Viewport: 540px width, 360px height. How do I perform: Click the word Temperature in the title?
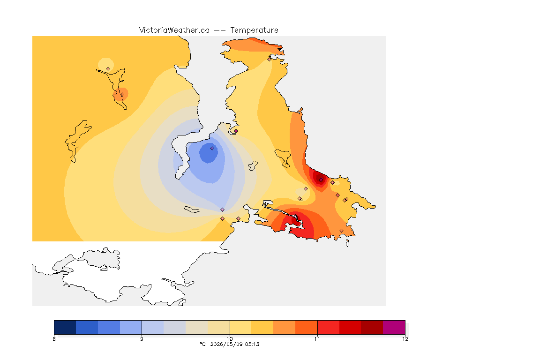pyautogui.click(x=254, y=30)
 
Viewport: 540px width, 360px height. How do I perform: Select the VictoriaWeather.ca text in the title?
pyautogui.click(x=174, y=30)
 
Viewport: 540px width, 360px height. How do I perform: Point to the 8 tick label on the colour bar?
pyautogui.click(x=54, y=339)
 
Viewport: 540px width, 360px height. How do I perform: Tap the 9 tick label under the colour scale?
pyautogui.click(x=142, y=339)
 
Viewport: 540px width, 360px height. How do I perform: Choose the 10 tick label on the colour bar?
pyautogui.click(x=230, y=339)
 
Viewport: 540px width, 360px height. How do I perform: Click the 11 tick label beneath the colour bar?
pyautogui.click(x=317, y=339)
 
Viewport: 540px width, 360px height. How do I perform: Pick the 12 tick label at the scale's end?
pyautogui.click(x=405, y=339)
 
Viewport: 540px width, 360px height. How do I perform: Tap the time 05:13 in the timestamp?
pyautogui.click(x=252, y=344)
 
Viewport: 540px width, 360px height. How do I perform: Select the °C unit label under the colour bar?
pyautogui.click(x=202, y=344)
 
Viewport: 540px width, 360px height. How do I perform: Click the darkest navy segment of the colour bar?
pyautogui.click(x=65, y=327)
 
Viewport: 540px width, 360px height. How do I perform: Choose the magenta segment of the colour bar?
pyautogui.click(x=394, y=327)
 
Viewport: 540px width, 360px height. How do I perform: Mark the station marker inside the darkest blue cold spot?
pyautogui.click(x=212, y=149)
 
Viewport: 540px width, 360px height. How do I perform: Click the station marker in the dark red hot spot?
pyautogui.click(x=321, y=180)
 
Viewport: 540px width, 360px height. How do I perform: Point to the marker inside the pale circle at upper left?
pyautogui.click(x=108, y=69)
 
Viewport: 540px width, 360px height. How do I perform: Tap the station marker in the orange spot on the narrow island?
pyautogui.click(x=122, y=95)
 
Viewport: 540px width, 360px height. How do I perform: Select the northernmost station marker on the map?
pyautogui.click(x=270, y=59)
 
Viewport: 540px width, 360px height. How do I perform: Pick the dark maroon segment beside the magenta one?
pyautogui.click(x=372, y=327)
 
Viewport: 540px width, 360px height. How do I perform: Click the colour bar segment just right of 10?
pyautogui.click(x=241, y=327)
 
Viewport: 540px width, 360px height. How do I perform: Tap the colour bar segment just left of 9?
pyautogui.click(x=131, y=327)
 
